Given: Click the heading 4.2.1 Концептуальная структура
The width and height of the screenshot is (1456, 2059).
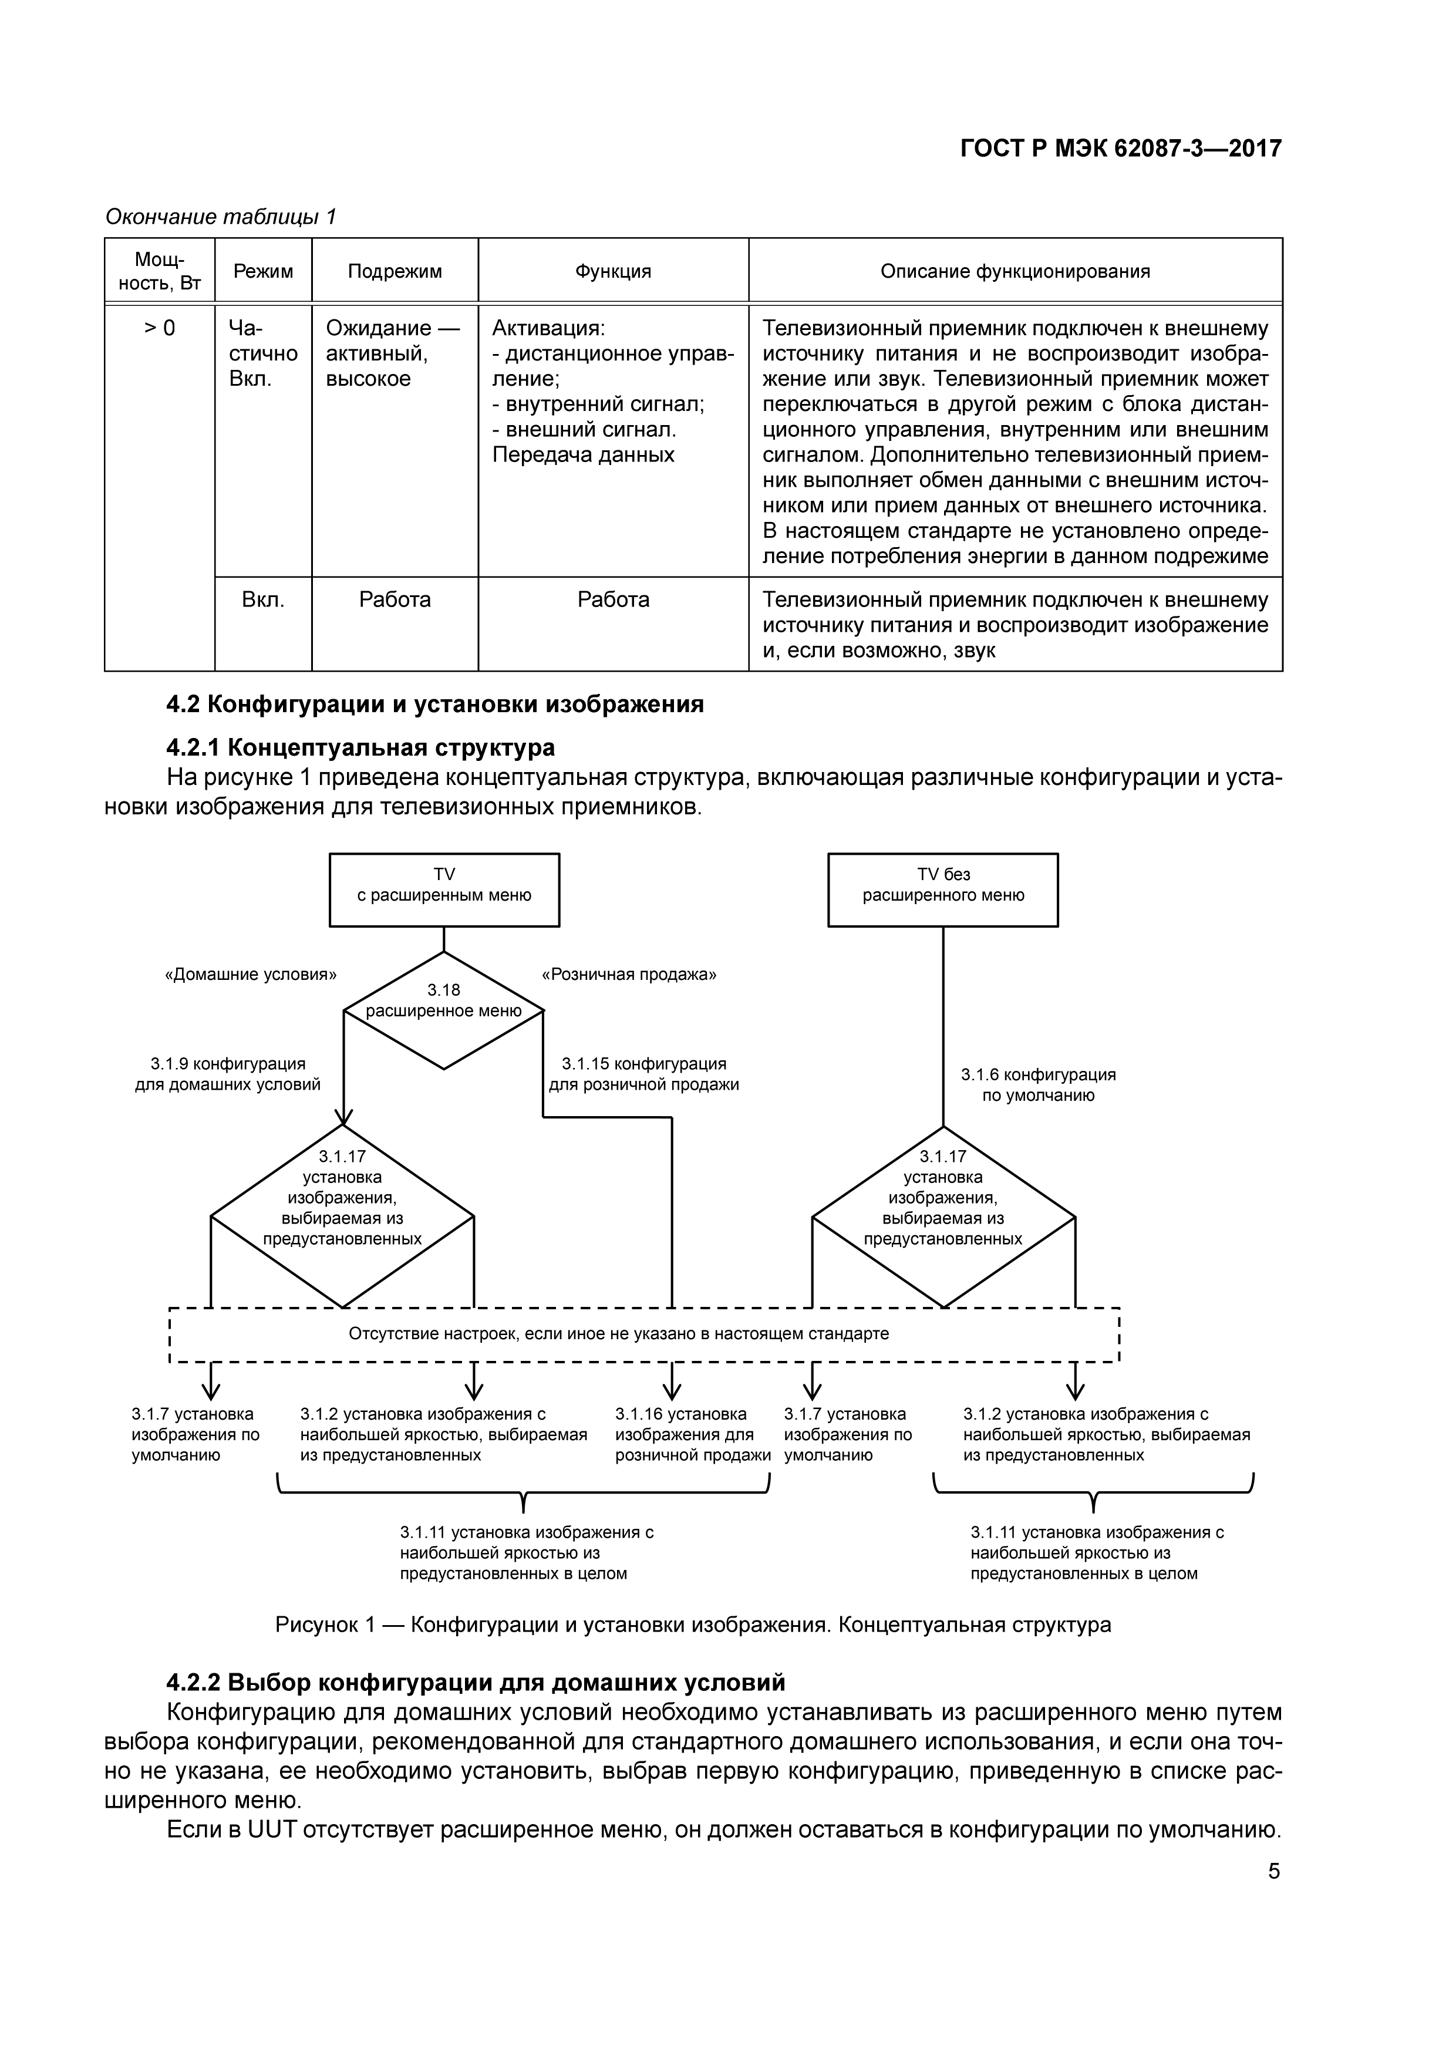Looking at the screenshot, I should coord(360,747).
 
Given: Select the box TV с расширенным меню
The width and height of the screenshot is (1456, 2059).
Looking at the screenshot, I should coord(444,889).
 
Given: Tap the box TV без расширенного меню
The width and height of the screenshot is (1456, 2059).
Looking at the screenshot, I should coord(942,889).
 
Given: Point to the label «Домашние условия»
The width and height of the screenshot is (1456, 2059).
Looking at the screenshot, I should coord(251,975).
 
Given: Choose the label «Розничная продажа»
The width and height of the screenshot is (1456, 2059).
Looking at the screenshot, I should coord(629,975).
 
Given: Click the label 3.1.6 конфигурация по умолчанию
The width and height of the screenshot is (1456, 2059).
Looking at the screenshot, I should coord(1038,1085).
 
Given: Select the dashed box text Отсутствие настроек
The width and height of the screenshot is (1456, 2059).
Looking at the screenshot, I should coord(619,1333).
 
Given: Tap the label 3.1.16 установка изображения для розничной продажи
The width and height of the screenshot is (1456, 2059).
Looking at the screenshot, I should coord(692,1434).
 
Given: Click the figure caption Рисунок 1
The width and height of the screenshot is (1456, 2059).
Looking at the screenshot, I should coord(692,1625).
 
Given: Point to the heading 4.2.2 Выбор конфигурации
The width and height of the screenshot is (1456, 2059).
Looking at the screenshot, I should coord(475,1681).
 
